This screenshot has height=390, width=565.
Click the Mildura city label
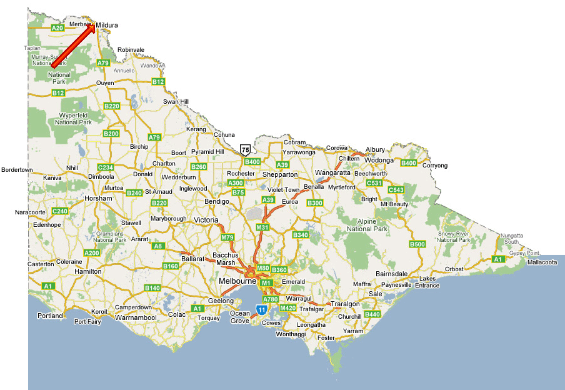(107, 25)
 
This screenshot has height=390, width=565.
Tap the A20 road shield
(57, 28)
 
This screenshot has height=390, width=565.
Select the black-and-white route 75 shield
(246, 149)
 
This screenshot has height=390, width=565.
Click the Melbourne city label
(238, 282)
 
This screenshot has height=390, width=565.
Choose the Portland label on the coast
(50, 316)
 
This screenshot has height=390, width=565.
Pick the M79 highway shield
(227, 238)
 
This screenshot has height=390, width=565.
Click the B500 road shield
(417, 244)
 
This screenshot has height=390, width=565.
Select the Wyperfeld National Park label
(74, 119)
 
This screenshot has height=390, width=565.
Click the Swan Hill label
(176, 102)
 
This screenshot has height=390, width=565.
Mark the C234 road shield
(106, 167)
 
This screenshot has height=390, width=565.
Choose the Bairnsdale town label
(392, 274)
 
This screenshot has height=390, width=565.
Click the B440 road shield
(372, 314)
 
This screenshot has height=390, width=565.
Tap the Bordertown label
(17, 170)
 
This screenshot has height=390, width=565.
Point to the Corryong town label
(435, 166)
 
